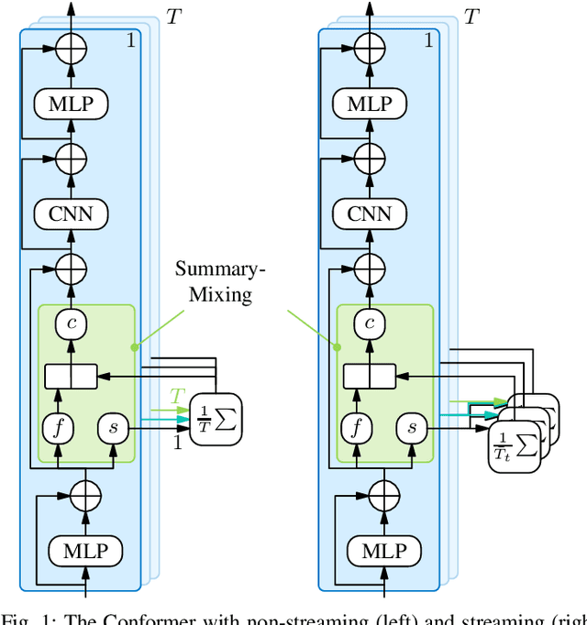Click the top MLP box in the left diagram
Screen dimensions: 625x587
pos(71,104)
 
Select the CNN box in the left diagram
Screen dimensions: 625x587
pos(71,214)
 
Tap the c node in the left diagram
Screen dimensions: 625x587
pos(71,322)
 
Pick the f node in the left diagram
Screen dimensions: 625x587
pos(57,427)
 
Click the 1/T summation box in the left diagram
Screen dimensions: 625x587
pos(216,422)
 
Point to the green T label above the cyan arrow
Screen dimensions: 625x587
pos(177,396)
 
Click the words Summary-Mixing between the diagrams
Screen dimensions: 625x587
pos(217,281)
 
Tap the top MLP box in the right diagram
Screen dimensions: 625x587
pos(369,104)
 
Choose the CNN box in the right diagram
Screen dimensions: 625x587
pos(369,214)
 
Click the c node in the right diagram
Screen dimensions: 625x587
pos(369,322)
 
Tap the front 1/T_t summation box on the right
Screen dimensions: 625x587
pos(515,442)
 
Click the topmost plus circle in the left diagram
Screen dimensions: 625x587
pos(71,48)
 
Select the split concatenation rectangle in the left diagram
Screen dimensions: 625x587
pos(71,375)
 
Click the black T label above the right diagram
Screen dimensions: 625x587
pos(471,16)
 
